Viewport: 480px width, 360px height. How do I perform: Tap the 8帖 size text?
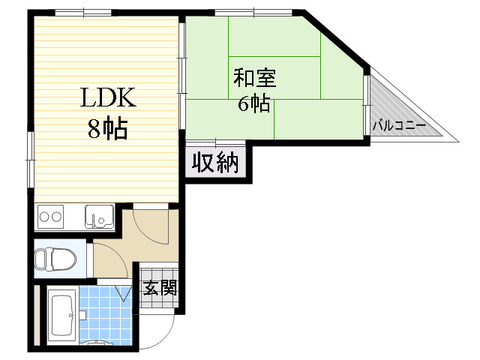coord(106,129)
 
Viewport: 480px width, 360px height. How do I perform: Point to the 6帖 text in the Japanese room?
coord(253,103)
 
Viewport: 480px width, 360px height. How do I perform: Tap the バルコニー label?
coord(398,124)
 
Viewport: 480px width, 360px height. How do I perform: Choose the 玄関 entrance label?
coord(160,287)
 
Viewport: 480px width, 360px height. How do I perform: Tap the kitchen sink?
coord(98,216)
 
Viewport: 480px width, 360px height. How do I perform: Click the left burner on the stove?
coord(44,217)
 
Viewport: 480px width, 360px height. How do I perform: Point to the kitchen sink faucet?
coord(94,220)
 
